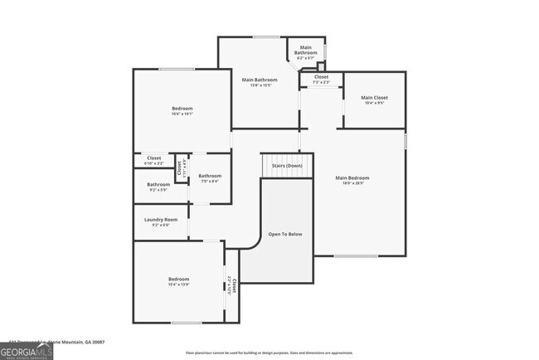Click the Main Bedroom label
tap(352, 178)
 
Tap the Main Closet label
tap(374, 98)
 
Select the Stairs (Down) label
tap(287, 166)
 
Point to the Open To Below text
tap(285, 235)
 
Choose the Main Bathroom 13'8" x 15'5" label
tap(260, 80)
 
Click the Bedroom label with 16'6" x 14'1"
tap(182, 109)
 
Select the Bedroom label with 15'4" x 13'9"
tap(179, 279)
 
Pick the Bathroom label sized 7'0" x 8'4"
tap(209, 176)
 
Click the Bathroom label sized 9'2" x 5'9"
tap(158, 184)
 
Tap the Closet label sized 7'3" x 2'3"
tap(321, 77)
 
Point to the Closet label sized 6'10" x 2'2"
tap(154, 158)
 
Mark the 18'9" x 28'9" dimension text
tap(352, 184)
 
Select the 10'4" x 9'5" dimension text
tap(374, 103)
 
